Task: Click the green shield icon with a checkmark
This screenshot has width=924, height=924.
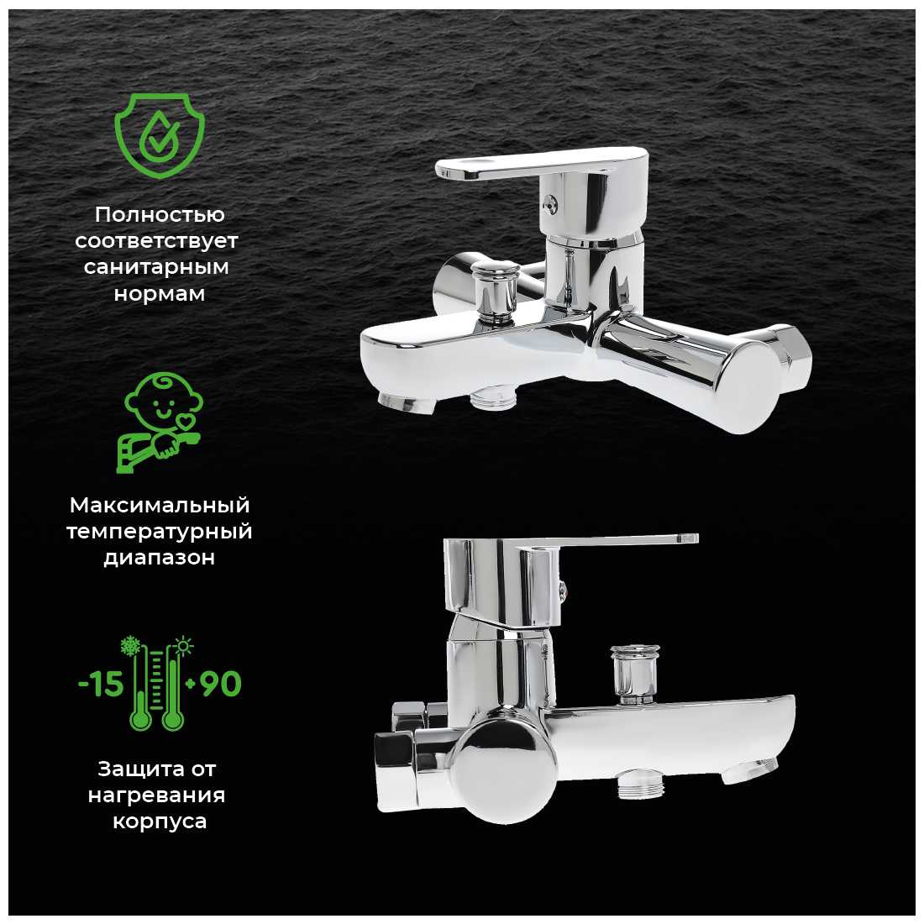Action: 159,135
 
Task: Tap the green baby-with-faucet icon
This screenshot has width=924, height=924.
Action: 160,422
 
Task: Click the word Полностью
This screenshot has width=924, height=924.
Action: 160,215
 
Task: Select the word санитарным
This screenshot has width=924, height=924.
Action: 156,267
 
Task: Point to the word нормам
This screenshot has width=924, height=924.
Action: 159,293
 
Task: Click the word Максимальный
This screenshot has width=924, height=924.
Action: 160,505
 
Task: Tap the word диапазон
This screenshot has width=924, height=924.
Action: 159,558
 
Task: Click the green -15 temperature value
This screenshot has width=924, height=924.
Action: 101,684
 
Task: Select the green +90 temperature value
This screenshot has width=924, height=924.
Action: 213,684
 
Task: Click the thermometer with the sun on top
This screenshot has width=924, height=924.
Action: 175,684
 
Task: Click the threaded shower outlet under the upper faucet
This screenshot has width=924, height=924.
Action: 494,397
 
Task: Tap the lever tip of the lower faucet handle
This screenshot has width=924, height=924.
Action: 687,538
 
